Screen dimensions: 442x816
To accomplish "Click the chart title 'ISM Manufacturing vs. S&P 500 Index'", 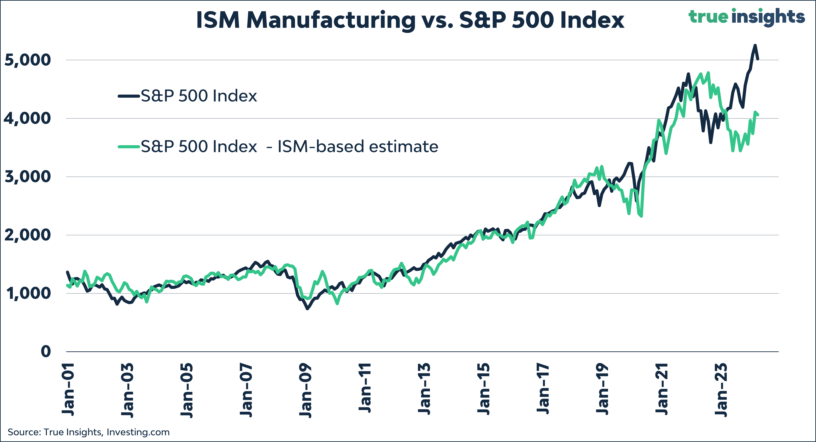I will [410, 20].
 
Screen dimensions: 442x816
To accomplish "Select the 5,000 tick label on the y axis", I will [28, 60].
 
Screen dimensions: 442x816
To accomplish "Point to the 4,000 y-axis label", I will [28, 118].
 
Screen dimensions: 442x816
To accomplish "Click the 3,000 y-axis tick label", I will [28, 177].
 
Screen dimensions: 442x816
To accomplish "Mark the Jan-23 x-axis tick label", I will [721, 390].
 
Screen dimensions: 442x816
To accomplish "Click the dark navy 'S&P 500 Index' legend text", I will [199, 96].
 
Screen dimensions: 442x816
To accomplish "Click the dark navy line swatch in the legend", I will [129, 96].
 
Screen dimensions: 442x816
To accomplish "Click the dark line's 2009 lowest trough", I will [307, 308].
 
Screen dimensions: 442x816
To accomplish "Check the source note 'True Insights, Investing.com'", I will [88, 432].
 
